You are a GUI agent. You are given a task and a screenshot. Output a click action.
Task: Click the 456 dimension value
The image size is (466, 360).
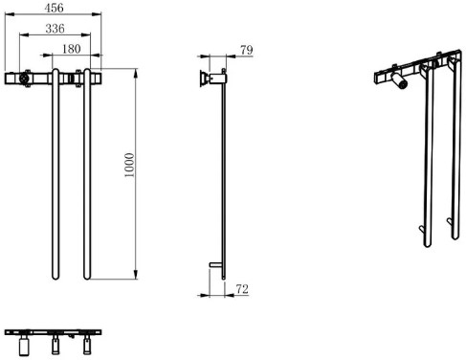point(54,8)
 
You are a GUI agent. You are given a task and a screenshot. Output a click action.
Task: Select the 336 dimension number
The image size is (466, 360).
point(55,29)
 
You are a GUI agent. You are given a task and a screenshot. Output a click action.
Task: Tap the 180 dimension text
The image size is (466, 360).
point(71,49)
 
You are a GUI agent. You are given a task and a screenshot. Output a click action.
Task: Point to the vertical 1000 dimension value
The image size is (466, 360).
point(129,165)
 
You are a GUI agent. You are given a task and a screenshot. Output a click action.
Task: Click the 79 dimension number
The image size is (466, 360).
point(247,50)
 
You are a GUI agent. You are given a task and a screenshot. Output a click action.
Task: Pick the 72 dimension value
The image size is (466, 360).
point(242,289)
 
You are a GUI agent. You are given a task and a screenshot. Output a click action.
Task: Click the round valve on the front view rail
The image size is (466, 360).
point(24,79)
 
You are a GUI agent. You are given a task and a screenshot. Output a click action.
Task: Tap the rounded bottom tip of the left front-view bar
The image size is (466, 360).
point(55,278)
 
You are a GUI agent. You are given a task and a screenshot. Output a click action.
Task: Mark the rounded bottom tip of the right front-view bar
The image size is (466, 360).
point(87,278)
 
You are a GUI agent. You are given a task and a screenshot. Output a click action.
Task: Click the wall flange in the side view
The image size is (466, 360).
point(202,79)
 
